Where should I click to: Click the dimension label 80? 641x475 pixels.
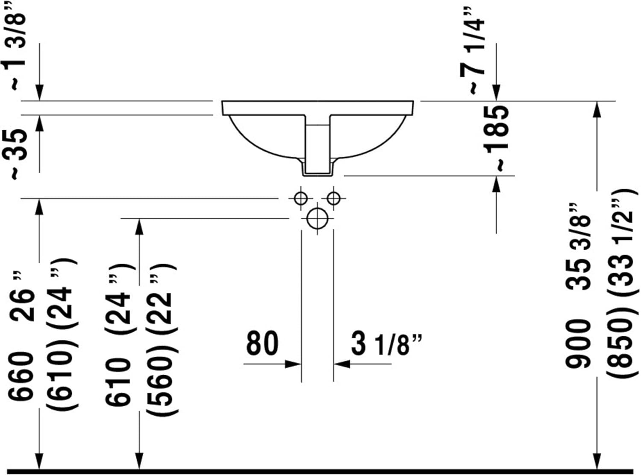[x=262, y=343]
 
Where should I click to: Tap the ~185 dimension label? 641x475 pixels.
[x=496, y=138]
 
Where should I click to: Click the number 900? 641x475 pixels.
[x=578, y=344]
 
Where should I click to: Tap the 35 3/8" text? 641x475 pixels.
[x=578, y=246]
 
